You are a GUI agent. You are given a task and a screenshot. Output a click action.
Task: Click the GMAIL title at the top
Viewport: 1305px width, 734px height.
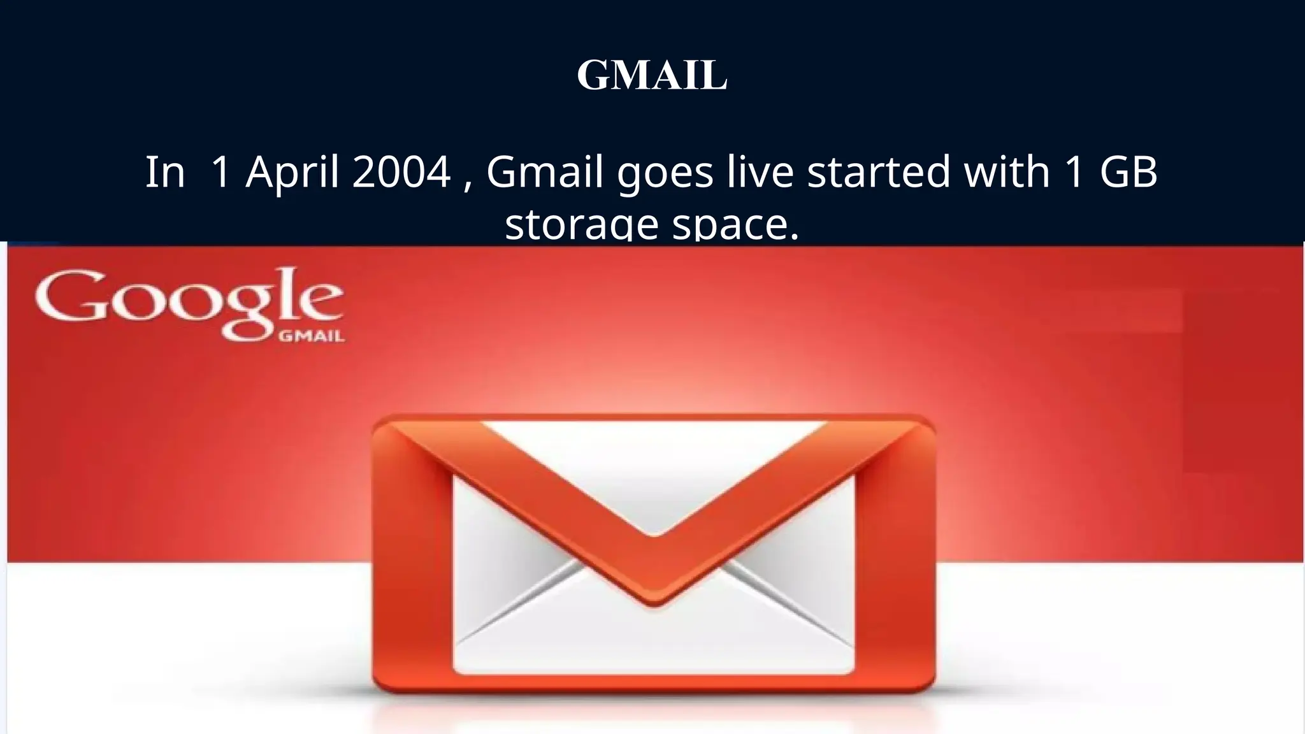click(652, 75)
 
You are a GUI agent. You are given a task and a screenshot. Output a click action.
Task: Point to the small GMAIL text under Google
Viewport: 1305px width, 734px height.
click(312, 336)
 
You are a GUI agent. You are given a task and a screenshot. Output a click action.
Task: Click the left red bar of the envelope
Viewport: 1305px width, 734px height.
click(412, 561)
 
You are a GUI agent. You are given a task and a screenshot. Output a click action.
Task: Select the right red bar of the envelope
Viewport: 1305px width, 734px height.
click(895, 561)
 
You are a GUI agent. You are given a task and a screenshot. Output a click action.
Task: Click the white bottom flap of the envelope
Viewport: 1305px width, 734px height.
click(653, 644)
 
